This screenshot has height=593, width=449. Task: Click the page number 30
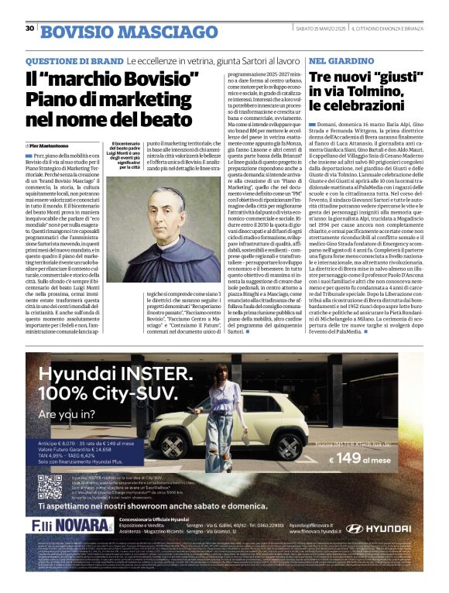29,28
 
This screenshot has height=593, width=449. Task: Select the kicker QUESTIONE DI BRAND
74,60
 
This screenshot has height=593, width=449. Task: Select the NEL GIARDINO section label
331,60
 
